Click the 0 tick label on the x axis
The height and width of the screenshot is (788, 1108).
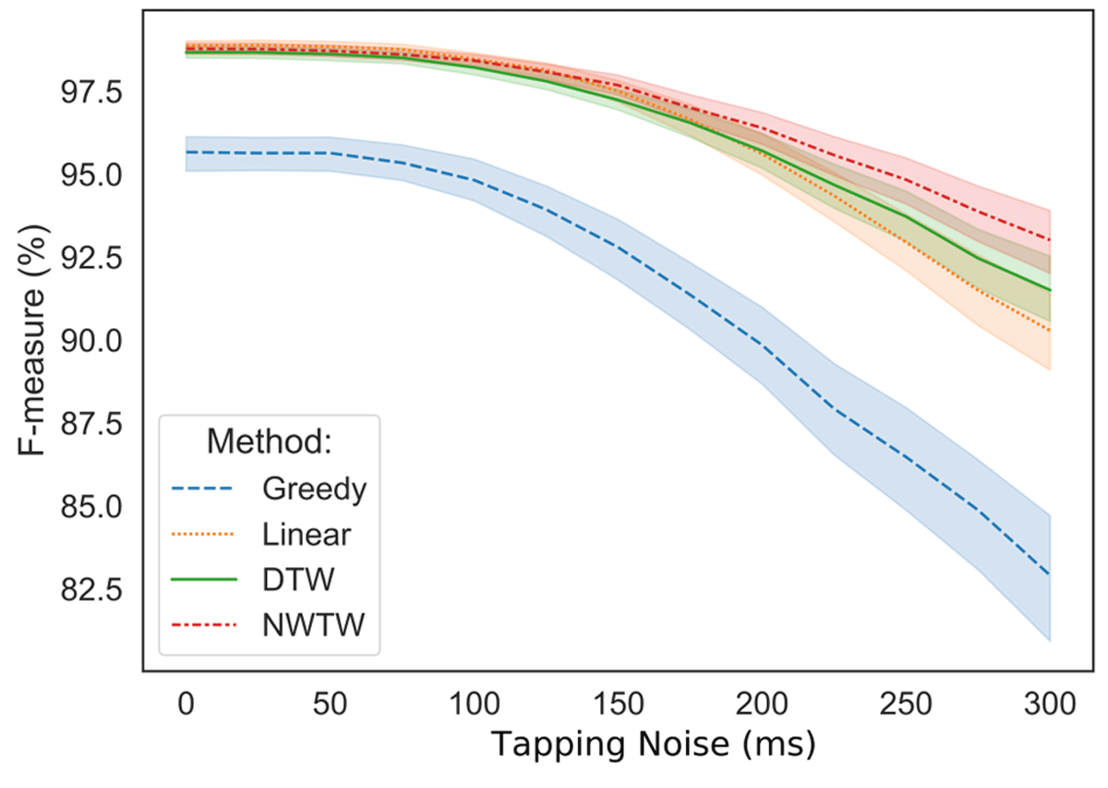pos(186,707)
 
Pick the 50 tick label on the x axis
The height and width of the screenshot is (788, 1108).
pos(330,707)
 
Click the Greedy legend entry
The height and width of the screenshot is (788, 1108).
pos(313,489)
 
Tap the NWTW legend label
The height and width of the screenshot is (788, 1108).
pos(313,624)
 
